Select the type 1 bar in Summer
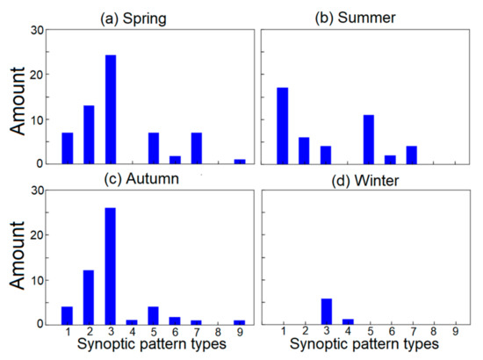[282, 125]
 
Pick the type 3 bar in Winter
[325, 311]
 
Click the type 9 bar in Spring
[240, 161]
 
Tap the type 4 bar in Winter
[347, 320]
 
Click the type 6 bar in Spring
[175, 159]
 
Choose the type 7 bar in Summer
[412, 154]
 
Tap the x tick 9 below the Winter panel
[455, 334]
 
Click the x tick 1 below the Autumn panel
[68, 334]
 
